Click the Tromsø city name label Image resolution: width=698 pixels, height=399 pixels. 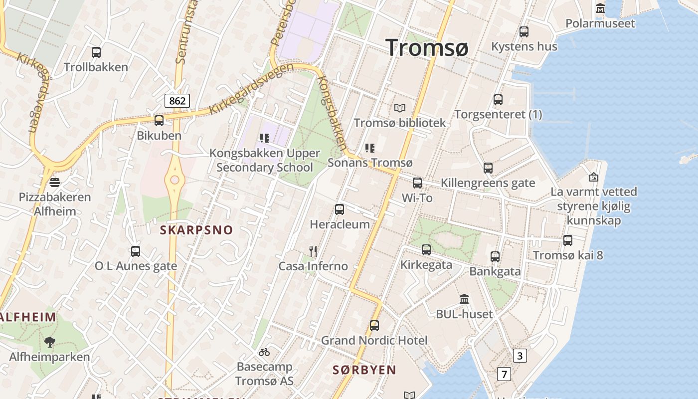pos(427,48)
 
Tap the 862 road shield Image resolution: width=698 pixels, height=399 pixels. pos(177,101)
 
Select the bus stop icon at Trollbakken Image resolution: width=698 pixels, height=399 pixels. pos(96,52)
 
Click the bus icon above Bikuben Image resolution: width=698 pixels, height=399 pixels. pos(159,120)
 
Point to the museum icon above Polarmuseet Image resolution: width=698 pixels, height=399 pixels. pos(600,8)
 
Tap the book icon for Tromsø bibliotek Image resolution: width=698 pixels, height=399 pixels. pos(400,108)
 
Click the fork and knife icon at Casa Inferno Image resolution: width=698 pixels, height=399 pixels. pos(313,251)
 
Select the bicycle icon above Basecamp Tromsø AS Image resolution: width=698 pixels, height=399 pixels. pos(264,352)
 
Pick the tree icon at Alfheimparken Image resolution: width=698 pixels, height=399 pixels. pos(49,342)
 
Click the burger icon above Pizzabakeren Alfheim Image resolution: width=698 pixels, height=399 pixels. pos(55,182)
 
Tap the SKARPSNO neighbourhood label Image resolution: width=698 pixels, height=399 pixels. pos(196,230)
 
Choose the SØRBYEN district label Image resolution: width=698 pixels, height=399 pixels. pos(364,370)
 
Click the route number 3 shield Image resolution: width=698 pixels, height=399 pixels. pos(520,356)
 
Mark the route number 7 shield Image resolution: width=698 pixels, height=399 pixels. pos(504,374)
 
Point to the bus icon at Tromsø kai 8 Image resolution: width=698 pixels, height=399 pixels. pos(568,240)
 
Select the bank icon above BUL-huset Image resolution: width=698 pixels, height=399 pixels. pos(464,299)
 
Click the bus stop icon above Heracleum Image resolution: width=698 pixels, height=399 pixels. pos(340,209)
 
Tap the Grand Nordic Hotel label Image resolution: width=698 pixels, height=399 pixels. pos(374,341)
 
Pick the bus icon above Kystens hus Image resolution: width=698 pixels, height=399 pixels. pos(524,32)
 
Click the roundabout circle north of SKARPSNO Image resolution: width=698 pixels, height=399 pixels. pos(174,180)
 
